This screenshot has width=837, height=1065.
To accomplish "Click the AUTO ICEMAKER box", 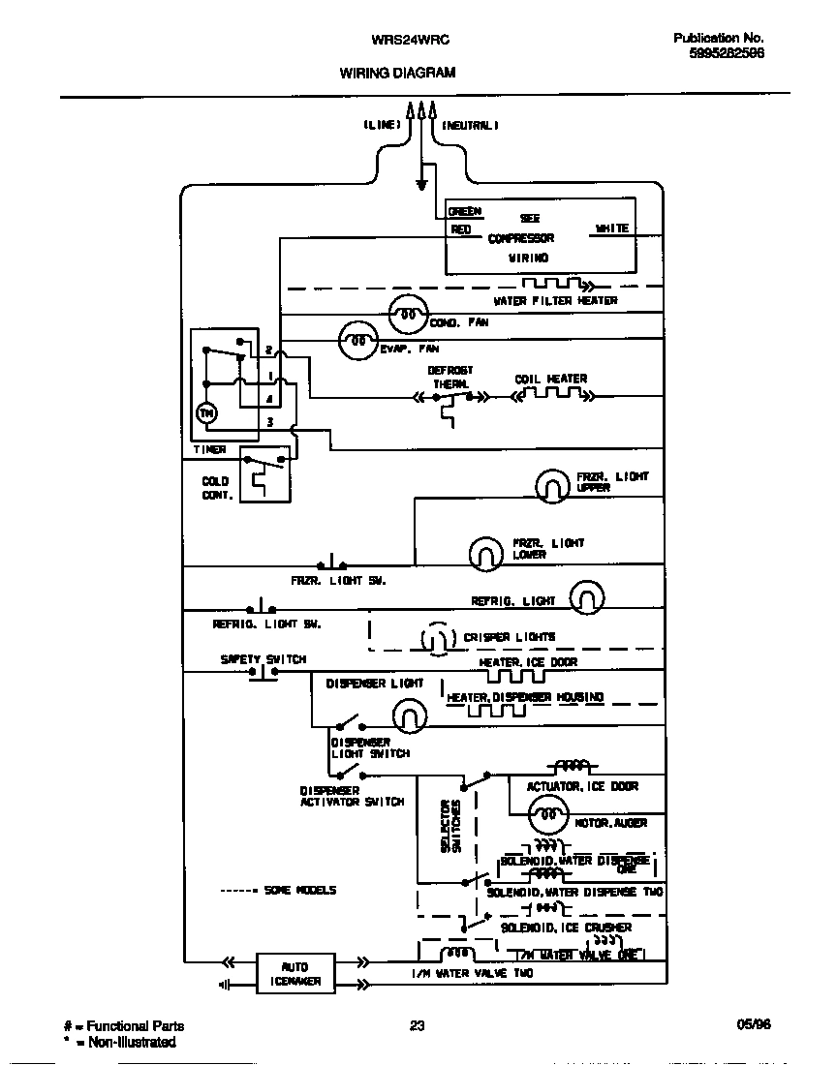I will pos(295,973).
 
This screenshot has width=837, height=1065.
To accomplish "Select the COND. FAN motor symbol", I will pos(408,315).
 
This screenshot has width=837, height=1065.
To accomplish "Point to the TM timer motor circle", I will pos(206,413).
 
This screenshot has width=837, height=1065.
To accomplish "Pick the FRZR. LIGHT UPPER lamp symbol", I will pos(553,486).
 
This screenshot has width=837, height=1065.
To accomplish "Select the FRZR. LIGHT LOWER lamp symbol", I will pos(487,553).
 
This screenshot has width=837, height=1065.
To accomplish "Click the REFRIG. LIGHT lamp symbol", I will pos(586,598).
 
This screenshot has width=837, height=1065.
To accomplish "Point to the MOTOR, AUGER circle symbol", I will pos(549,815).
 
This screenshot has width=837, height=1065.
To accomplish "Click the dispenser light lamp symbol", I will pos(410,715).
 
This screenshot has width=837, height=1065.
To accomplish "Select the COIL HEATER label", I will pos(551,379).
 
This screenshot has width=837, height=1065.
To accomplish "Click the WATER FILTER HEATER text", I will pos(555,301).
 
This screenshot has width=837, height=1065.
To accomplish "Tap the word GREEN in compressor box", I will pos(464,211).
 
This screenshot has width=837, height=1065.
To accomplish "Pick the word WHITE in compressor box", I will pos(611,228).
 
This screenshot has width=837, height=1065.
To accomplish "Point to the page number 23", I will pos(418,1026).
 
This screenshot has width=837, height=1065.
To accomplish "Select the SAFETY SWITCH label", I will pos(263,659).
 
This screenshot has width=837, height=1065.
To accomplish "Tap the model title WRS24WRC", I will pos(397,41).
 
